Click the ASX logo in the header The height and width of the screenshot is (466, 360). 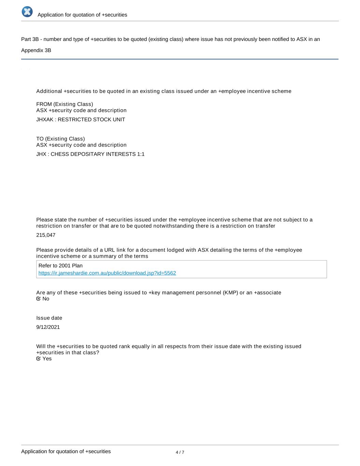tap(27, 12)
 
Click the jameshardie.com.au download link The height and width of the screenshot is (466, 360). tap(107, 273)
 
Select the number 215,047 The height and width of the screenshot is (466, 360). tap(46, 235)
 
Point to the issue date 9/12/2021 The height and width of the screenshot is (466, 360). tap(48, 327)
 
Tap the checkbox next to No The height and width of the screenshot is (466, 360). tap(39, 299)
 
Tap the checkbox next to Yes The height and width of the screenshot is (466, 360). tap(39, 359)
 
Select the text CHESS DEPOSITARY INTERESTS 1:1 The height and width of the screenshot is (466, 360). tap(98, 154)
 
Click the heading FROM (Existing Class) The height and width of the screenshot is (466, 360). tap(64, 104)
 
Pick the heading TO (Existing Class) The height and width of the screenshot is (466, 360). tap(60, 139)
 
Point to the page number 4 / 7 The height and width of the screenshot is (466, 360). tap(180, 452)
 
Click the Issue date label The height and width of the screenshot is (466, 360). tap(49, 318)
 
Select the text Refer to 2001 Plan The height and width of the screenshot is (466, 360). tap(60, 266)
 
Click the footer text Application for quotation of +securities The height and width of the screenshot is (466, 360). tap(66, 451)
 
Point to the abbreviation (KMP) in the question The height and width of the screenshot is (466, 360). tap(230, 293)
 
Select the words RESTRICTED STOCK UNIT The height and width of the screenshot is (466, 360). tap(91, 120)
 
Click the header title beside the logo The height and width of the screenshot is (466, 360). tap(82, 15)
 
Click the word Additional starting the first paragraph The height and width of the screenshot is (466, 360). tap(49, 91)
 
